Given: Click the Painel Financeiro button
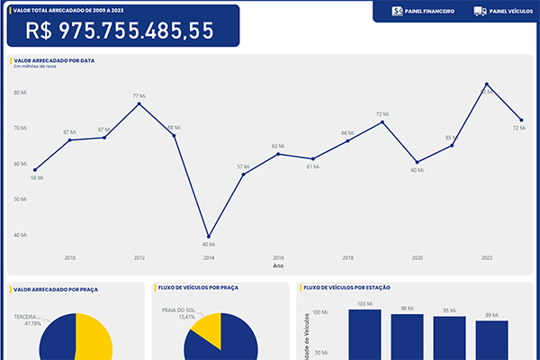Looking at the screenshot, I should [424, 12].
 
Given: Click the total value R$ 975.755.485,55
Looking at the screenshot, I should [121, 31].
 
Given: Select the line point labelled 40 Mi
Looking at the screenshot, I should [209, 237].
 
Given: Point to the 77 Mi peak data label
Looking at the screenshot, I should [139, 96].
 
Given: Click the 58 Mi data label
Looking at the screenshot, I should [37, 177].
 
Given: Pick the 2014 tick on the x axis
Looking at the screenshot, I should [209, 257].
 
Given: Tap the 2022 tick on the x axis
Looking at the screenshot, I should [487, 257].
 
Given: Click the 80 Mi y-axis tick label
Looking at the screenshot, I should [20, 93].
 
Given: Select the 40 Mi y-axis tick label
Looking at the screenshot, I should [20, 235].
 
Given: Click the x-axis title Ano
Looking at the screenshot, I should [278, 266].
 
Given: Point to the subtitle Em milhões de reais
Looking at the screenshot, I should [35, 67].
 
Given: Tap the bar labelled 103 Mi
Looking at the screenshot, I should [364, 333].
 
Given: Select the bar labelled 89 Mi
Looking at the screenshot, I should [492, 339].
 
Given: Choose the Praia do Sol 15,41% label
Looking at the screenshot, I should [178, 313].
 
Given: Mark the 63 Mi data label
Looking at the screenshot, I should [278, 146].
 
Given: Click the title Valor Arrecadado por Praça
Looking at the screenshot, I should [56, 290].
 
